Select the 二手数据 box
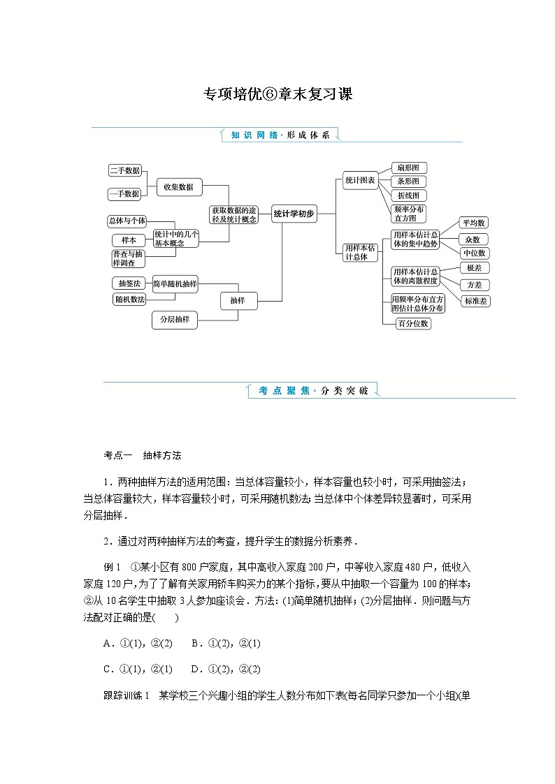(x=124, y=170)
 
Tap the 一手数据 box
(x=124, y=193)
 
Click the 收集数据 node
(x=179, y=186)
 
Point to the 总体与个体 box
(x=127, y=221)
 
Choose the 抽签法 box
(x=129, y=283)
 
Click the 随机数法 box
(x=129, y=299)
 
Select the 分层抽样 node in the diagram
(x=175, y=320)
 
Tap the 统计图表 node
(x=360, y=180)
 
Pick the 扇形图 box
(x=408, y=168)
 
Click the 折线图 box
(x=408, y=195)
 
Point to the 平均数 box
(x=473, y=223)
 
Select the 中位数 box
(x=473, y=253)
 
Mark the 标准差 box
(x=476, y=301)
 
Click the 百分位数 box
(x=412, y=323)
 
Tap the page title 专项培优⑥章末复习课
(x=277, y=94)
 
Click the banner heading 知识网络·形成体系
(x=280, y=135)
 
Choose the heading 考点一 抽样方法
(x=143, y=455)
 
